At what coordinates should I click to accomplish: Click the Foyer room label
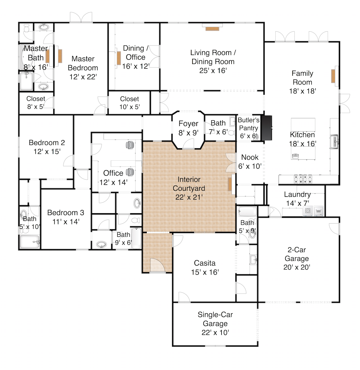pos(188,128)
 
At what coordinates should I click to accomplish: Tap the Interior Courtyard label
pos(189,188)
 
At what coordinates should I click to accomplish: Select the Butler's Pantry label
pos(248,128)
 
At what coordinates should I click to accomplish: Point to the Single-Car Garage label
pos(215,323)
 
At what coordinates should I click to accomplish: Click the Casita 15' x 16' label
pos(205,268)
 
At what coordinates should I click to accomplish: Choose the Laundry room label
pos(297,198)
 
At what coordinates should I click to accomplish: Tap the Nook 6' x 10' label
pos(250,162)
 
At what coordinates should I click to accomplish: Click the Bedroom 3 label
pos(66,217)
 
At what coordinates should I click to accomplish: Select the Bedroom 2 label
pos(47,147)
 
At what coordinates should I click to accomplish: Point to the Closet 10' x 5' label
pos(129,103)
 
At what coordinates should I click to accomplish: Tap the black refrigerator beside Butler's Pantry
pos(267,128)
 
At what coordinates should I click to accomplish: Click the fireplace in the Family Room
pos(333,76)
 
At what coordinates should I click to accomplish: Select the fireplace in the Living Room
pos(212,29)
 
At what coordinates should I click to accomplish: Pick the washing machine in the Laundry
pos(308,211)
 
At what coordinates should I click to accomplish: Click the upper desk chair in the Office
pos(130,145)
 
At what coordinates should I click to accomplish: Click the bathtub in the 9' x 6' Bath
pos(136,238)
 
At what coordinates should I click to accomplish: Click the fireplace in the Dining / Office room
pos(119,58)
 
